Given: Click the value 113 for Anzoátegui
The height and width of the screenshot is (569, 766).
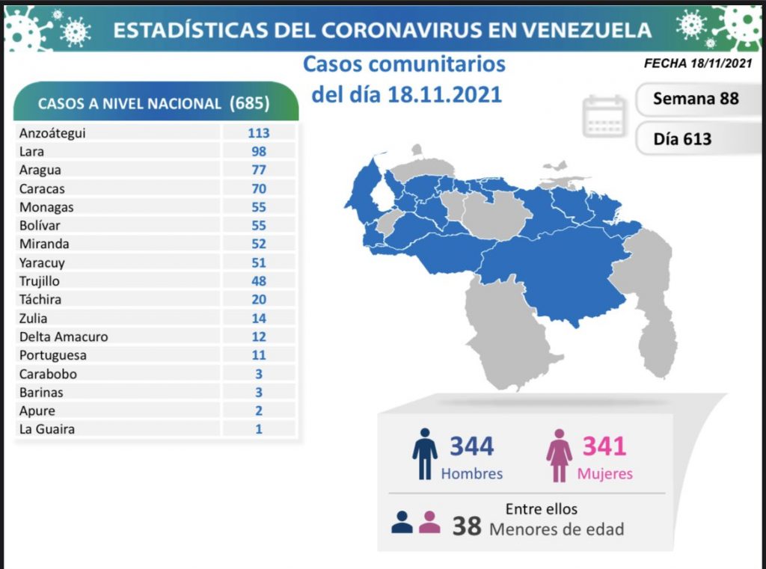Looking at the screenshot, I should click(x=259, y=133).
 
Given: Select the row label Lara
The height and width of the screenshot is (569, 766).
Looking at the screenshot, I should click(x=33, y=152).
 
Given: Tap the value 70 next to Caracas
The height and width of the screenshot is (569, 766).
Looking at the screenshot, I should click(x=259, y=188).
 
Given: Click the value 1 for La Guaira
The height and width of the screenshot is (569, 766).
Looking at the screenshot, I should click(x=259, y=429).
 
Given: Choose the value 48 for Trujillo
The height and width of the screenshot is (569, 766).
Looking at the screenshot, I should click(x=259, y=281).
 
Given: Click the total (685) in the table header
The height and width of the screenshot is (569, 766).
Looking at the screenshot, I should click(x=251, y=103).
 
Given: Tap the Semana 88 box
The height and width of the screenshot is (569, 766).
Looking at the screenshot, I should click(x=695, y=99).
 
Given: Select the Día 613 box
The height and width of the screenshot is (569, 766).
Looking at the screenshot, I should click(x=682, y=139).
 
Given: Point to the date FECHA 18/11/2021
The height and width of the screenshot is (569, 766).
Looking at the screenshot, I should click(x=697, y=64).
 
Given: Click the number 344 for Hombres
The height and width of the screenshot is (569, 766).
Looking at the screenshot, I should click(x=471, y=446).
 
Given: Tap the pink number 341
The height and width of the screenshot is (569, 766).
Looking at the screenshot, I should click(x=604, y=446).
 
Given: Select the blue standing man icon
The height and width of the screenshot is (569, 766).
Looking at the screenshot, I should click(x=425, y=454).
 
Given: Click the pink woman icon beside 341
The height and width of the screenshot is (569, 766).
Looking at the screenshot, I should click(x=558, y=455).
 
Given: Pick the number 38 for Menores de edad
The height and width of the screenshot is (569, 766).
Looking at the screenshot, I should click(x=466, y=526).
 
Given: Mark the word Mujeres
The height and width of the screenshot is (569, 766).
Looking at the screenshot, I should click(x=604, y=474).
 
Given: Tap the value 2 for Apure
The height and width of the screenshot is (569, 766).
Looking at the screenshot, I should click(x=259, y=410).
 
